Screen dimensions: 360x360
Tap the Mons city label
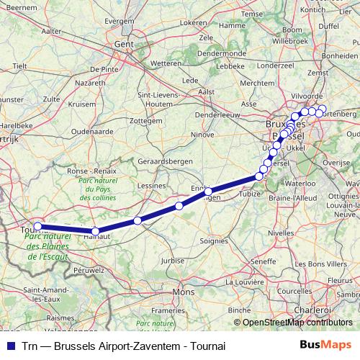tap(184, 292)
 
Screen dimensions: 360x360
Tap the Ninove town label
tap(202, 134)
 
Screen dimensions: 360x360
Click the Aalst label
tap(207, 92)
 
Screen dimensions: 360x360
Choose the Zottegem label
tap(148, 121)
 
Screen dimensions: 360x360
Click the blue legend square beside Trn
tap(9, 346)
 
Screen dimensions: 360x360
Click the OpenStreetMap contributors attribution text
tap(298, 323)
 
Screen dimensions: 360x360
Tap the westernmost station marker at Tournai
tap(38, 225)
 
